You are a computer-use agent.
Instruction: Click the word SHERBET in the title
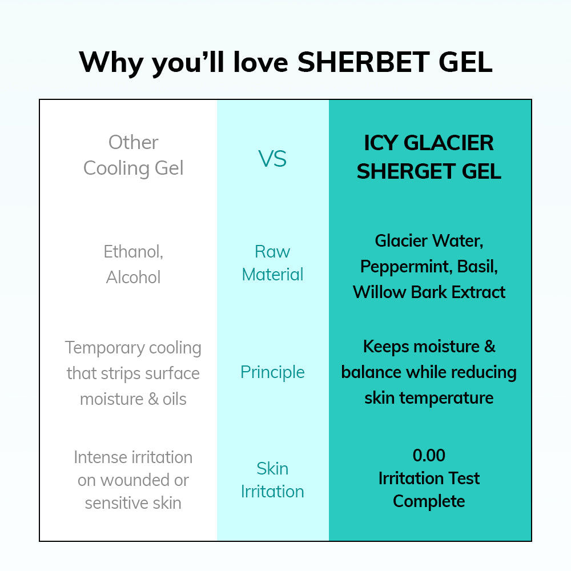click(363, 62)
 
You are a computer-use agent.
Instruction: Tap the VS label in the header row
click(272, 159)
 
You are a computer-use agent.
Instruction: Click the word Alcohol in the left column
click(133, 277)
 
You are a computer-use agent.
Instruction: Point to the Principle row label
click(272, 372)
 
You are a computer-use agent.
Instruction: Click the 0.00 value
click(429, 455)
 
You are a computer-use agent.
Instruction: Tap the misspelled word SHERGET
click(407, 171)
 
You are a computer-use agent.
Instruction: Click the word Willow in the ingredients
click(380, 292)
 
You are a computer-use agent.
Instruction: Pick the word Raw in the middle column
click(272, 252)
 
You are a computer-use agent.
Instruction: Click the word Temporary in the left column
click(104, 348)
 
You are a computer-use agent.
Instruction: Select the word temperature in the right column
click(447, 398)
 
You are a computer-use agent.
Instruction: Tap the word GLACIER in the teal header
click(449, 143)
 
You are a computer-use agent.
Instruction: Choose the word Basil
click(477, 267)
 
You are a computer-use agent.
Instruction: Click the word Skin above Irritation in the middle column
click(272, 469)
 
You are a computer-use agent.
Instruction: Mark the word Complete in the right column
click(429, 502)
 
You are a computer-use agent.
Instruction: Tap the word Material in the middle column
click(272, 275)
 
